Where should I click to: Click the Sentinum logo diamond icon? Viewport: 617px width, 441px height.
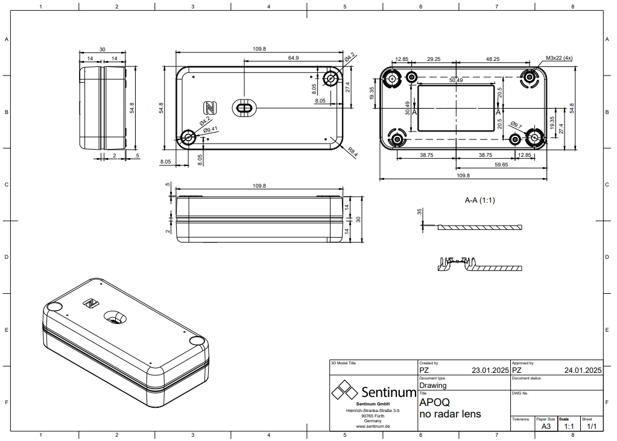click(344, 390)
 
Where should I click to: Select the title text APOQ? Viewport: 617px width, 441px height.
click(434, 402)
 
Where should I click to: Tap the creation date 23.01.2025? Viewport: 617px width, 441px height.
click(490, 370)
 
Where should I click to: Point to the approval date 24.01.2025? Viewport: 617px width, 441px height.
click(583, 370)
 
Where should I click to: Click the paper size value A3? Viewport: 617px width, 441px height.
click(546, 427)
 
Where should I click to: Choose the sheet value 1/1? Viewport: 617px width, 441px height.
click(592, 427)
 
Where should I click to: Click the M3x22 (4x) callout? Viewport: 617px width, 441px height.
click(559, 58)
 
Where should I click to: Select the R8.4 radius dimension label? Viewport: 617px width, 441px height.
click(352, 152)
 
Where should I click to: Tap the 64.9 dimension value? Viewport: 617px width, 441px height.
click(293, 58)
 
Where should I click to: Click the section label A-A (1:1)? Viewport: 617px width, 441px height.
click(479, 200)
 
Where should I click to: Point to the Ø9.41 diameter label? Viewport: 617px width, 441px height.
click(210, 130)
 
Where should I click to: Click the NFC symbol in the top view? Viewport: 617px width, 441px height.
click(210, 107)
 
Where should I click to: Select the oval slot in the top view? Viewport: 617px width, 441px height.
click(244, 107)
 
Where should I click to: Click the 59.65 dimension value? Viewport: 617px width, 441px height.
click(501, 165)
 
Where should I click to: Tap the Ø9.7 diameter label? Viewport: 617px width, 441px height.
click(516, 125)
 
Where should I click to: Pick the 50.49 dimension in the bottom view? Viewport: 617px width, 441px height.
click(456, 80)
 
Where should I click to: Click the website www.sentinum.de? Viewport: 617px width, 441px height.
click(373, 426)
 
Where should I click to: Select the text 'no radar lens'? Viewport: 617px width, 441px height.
click(450, 414)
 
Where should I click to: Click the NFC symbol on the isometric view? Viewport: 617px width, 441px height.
click(91, 303)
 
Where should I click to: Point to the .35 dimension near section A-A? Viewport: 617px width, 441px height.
click(419, 212)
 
